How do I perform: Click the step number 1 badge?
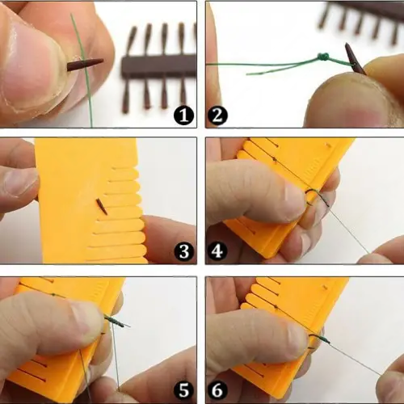click(x=184, y=116)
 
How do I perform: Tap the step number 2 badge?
click(x=217, y=116)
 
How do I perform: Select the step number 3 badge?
click(x=184, y=251)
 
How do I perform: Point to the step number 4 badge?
click(x=217, y=251)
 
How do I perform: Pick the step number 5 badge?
click(x=184, y=390)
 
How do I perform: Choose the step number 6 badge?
click(x=217, y=390)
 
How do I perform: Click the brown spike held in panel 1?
click(x=85, y=65)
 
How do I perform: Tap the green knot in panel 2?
click(x=323, y=57)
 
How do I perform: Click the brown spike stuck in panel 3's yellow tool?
click(x=102, y=207)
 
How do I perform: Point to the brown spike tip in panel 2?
click(x=347, y=44)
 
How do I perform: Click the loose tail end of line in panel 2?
click(x=247, y=74)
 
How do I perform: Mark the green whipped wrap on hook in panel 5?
click(x=115, y=321)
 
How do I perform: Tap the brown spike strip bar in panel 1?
click(x=159, y=66)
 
